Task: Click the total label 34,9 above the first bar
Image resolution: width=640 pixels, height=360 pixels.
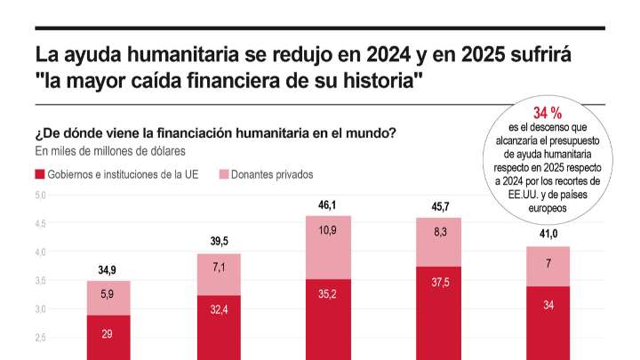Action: [x=108, y=269]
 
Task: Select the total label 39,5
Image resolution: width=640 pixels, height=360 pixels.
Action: [x=218, y=242]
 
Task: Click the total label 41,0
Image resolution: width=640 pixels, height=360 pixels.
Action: [x=548, y=235]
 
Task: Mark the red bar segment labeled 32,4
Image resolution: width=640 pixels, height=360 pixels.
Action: [x=218, y=326]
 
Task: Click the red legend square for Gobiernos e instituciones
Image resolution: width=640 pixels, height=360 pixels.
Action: [x=40, y=174]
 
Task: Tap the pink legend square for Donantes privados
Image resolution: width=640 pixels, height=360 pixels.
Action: [x=223, y=174]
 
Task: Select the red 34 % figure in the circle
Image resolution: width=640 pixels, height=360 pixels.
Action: [x=547, y=113]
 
